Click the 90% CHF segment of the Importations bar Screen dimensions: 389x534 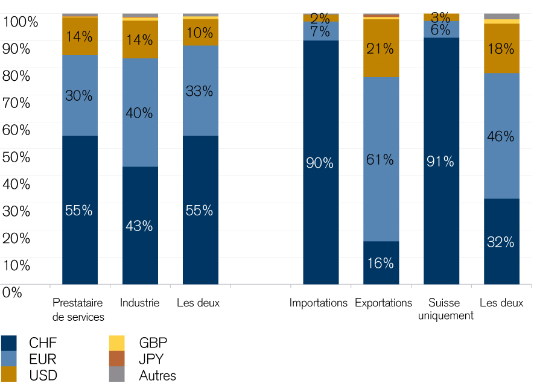pos(320,162)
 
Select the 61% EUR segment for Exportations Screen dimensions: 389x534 pos(381,159)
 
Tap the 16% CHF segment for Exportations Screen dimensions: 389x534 pos(381,263)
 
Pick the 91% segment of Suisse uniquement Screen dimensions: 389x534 pos(441,161)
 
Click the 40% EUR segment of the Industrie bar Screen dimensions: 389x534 pos(140,113)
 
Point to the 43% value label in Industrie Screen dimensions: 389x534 pos(140,226)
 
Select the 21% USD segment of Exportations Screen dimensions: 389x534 pos(381,49)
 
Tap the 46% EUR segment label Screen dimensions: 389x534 pos(501,136)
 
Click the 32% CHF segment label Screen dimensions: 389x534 pos(501,242)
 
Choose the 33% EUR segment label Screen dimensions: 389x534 pos(200,91)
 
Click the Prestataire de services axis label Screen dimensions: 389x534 pos(78,309)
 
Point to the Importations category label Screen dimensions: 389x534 pos(319,303)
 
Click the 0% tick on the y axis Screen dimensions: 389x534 pos(12,292)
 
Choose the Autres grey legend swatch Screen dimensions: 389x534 pos(116,375)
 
